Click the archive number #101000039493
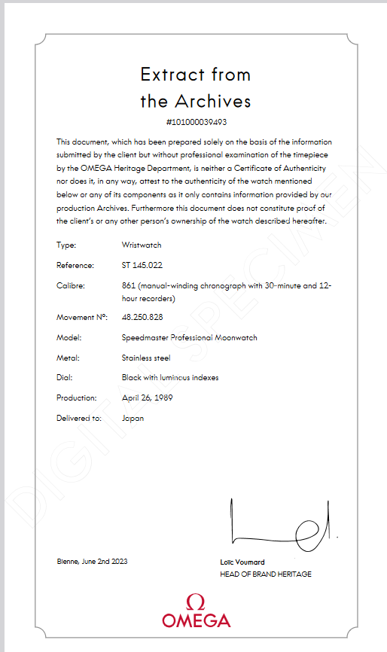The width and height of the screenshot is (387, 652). (196, 122)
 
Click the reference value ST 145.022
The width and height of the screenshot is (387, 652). (142, 265)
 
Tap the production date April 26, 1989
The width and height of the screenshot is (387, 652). (148, 397)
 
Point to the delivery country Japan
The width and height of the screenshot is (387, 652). (133, 417)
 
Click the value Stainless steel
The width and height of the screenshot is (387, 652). (146, 358)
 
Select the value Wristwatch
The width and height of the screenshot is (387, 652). (142, 245)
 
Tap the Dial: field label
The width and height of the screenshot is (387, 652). (64, 377)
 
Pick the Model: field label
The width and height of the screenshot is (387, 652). (68, 337)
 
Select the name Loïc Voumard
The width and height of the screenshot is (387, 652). (242, 562)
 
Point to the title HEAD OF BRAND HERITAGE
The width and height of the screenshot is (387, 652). (265, 574)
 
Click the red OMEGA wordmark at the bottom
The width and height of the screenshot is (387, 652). (196, 621)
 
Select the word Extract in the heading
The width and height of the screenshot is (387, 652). (172, 75)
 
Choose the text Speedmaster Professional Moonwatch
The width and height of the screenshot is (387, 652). (189, 337)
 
